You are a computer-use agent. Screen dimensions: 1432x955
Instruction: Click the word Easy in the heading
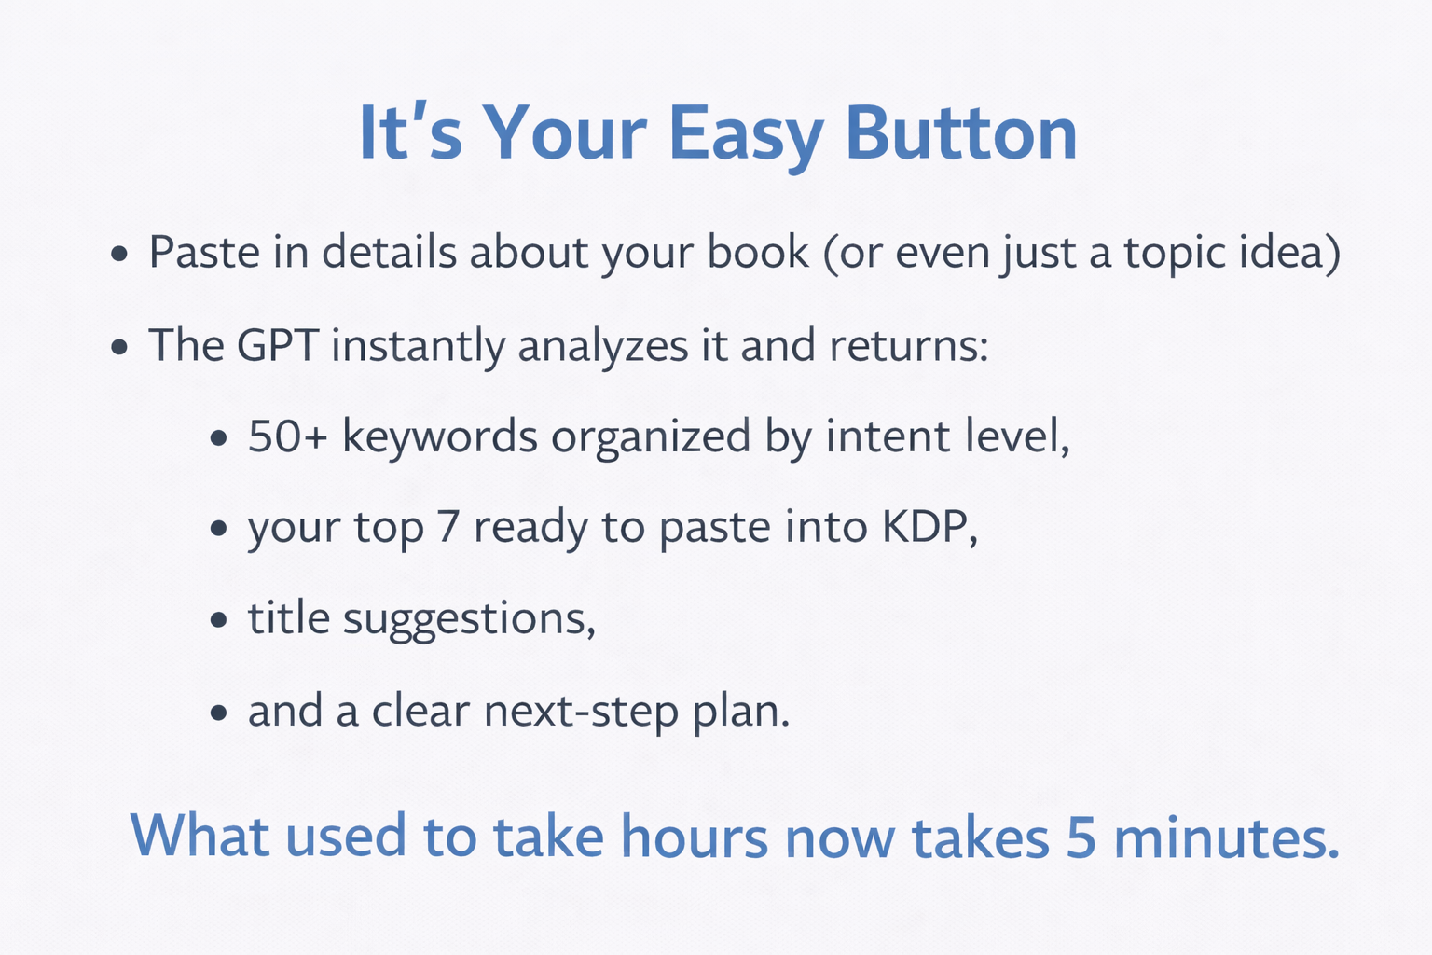click(x=746, y=135)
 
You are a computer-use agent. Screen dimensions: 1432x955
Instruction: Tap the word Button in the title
click(x=961, y=132)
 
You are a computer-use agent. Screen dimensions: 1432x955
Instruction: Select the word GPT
click(x=277, y=345)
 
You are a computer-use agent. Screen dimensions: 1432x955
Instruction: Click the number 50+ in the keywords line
click(x=288, y=436)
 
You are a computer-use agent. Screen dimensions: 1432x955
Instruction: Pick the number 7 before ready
click(x=447, y=527)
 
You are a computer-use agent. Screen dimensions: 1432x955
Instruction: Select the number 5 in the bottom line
click(x=1081, y=837)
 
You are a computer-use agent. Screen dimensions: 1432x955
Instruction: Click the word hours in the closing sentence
click(x=695, y=836)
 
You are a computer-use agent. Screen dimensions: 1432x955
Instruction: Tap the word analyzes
click(x=603, y=347)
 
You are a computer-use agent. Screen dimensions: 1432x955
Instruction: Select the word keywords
click(x=440, y=436)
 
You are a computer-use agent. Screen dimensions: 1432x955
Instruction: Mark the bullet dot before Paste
click(x=119, y=254)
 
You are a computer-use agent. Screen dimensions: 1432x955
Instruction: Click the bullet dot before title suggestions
click(x=219, y=620)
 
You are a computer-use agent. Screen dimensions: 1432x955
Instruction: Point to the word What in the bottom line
click(x=200, y=835)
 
